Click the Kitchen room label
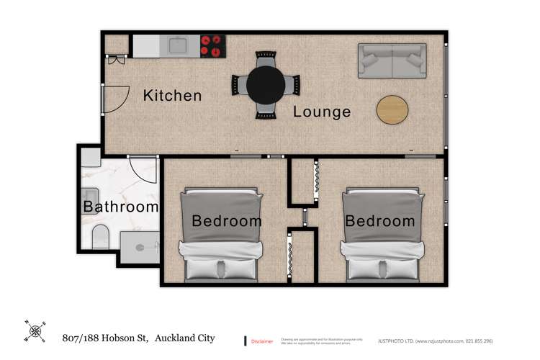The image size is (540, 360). coord(172,95)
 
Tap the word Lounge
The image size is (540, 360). coord(322,112)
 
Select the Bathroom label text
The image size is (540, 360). coord(120,207)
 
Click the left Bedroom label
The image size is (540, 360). coord(226,220)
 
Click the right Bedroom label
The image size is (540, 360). coord(379,220)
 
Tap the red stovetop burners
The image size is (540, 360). coord(212,45)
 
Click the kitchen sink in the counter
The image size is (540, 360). coord(179,46)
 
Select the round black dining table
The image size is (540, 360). coord(265,85)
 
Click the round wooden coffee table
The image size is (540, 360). coord(392,109)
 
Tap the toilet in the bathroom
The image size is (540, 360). coord(100,235)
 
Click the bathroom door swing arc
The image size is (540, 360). coord(144,171)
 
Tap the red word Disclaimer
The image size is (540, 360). coord(261,341)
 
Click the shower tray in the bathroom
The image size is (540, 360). coord(140,248)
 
